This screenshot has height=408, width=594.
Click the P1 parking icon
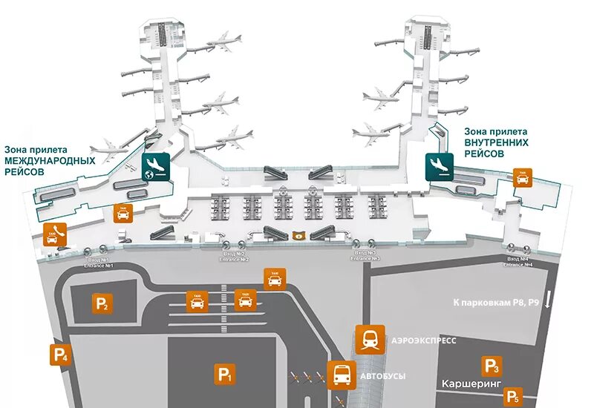pyautogui.click(x=225, y=375)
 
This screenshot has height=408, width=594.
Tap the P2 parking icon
pyautogui.click(x=102, y=303)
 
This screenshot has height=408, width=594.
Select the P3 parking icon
pyautogui.click(x=492, y=365)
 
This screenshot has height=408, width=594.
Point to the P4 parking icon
pyautogui.click(x=60, y=355)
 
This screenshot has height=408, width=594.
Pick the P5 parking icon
pyautogui.click(x=512, y=397)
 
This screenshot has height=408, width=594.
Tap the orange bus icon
pyautogui.click(x=341, y=375)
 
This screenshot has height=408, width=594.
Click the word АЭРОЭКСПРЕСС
pyautogui.click(x=422, y=340)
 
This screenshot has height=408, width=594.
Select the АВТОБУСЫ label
pyautogui.click(x=382, y=376)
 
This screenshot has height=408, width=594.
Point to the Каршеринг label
pyautogui.click(x=471, y=384)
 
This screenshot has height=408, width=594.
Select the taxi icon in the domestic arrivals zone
pyautogui.click(x=523, y=177)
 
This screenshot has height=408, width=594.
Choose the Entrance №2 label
pyautogui.click(x=235, y=257)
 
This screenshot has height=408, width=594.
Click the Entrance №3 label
pyautogui.click(x=365, y=257)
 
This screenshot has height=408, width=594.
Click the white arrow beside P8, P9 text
pyautogui.click(x=547, y=300)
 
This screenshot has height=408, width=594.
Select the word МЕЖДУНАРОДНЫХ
pyautogui.click(x=50, y=160)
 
